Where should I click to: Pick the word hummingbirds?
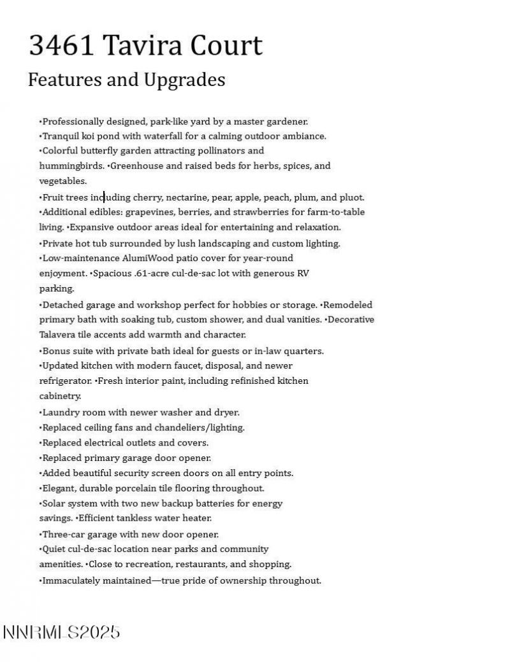[71, 166]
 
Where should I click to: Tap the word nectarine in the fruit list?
[187, 197]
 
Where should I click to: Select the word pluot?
[352, 197]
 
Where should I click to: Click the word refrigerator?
[65, 381]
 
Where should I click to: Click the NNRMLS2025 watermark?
[61, 632]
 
